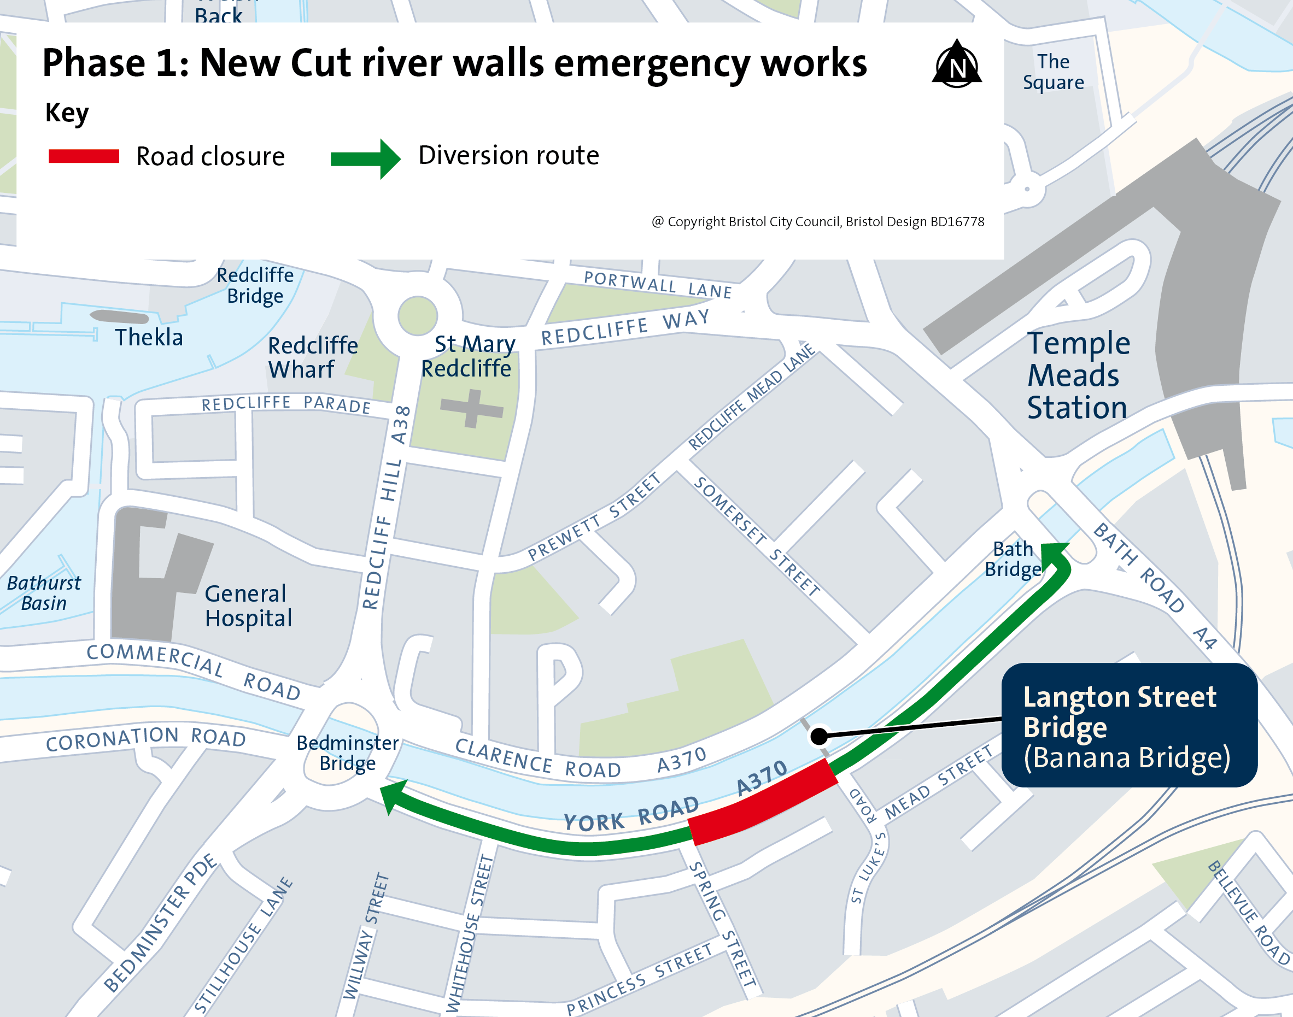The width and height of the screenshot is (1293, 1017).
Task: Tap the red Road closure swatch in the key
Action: [84, 156]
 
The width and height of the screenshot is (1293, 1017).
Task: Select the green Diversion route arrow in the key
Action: [366, 158]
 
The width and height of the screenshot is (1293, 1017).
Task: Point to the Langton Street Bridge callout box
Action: [1129, 725]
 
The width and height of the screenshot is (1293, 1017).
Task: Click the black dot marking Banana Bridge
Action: [820, 736]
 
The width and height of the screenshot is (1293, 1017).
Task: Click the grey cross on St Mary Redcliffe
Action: [472, 408]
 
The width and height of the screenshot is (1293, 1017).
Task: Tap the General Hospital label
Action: [248, 606]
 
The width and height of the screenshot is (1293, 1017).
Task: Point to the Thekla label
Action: [149, 338]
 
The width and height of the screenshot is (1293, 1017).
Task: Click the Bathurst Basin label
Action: [44, 593]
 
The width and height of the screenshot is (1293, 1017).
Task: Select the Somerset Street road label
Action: [756, 536]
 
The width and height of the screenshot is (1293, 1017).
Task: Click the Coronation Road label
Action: [146, 739]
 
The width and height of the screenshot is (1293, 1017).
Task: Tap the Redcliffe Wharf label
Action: [313, 357]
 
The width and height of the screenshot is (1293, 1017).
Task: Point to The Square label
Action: [1053, 72]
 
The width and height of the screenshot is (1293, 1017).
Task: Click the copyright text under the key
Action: [817, 221]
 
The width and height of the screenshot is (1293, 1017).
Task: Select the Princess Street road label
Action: [640, 978]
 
